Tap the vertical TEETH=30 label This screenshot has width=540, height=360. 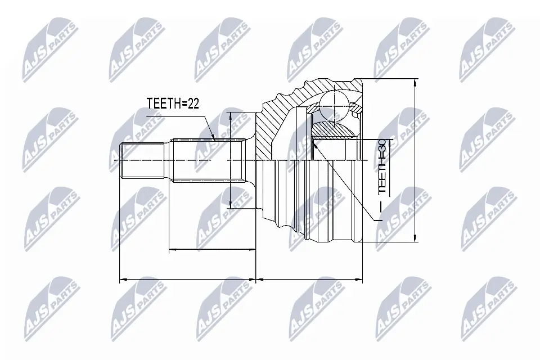(x=383, y=168)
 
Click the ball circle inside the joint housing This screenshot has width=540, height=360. (x=334, y=105)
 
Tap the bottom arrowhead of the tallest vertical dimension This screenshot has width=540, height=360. (x=414, y=239)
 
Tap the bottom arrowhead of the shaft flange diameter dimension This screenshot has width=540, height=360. (x=230, y=206)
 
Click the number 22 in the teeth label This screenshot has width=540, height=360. (x=192, y=103)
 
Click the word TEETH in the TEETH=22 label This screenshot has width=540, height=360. (x=164, y=103)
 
